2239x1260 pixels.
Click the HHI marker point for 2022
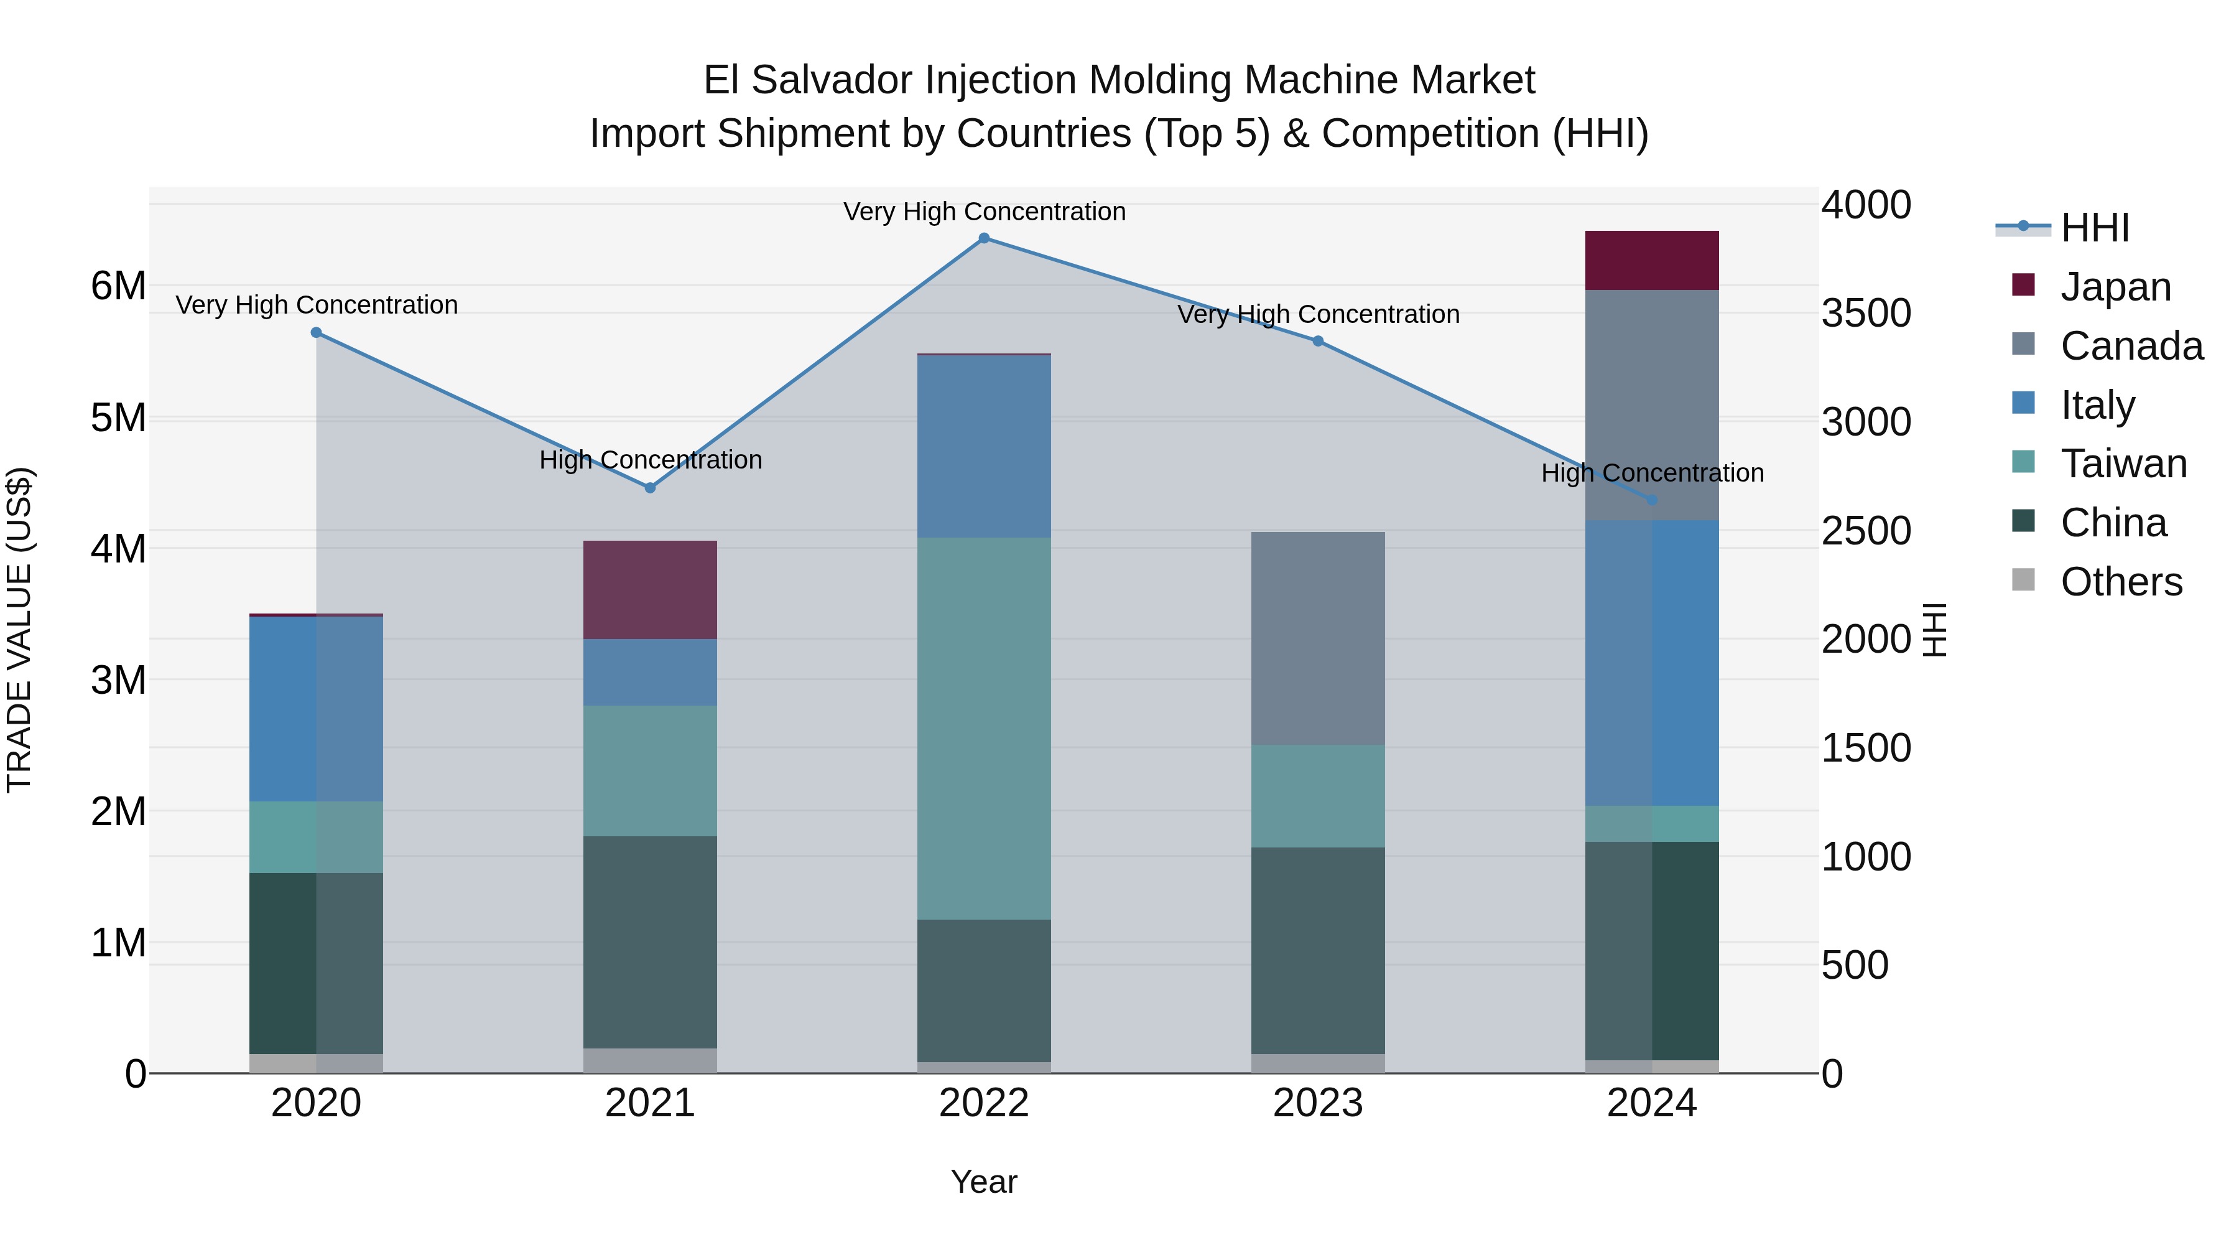(x=984, y=238)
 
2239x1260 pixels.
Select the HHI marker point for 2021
(x=650, y=488)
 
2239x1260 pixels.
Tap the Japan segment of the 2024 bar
(x=1651, y=261)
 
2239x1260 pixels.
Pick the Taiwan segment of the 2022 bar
(x=984, y=729)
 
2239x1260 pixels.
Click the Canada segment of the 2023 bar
(x=1318, y=638)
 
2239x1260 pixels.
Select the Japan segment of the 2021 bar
(x=650, y=590)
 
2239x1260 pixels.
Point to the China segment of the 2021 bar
(x=650, y=943)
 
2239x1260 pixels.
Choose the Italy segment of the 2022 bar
(x=984, y=447)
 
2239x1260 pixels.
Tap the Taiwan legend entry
(x=2123, y=464)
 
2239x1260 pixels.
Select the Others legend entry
(x=2120, y=582)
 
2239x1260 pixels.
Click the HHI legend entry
(x=2094, y=228)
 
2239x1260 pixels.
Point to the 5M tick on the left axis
(x=118, y=418)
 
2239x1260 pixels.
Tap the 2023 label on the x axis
(x=1318, y=1103)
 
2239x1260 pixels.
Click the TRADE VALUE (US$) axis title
(x=19, y=630)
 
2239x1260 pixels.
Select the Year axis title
(x=984, y=1182)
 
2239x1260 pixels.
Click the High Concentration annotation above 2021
(x=650, y=460)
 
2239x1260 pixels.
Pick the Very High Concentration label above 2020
(x=317, y=306)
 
